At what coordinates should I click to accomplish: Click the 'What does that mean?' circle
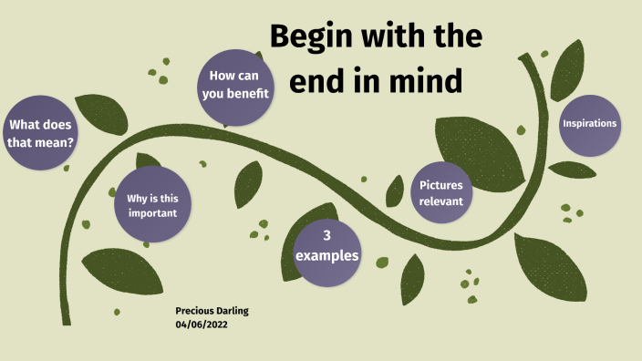pyautogui.click(x=40, y=133)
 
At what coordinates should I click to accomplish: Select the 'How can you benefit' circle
pyautogui.click(x=237, y=88)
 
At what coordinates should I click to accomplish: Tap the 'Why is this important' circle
pyautogui.click(x=152, y=205)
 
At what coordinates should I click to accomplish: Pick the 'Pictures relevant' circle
pyautogui.click(x=441, y=193)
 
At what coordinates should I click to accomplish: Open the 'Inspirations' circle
pyautogui.click(x=589, y=123)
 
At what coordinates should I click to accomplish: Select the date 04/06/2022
pyautogui.click(x=202, y=325)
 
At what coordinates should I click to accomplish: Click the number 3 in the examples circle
pyautogui.click(x=326, y=235)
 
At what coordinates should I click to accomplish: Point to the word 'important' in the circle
pyautogui.click(x=152, y=213)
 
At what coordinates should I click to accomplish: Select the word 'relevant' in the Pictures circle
pyautogui.click(x=441, y=201)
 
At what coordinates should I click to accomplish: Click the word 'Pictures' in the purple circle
pyautogui.click(x=441, y=185)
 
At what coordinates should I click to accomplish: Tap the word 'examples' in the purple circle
pyautogui.click(x=326, y=255)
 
